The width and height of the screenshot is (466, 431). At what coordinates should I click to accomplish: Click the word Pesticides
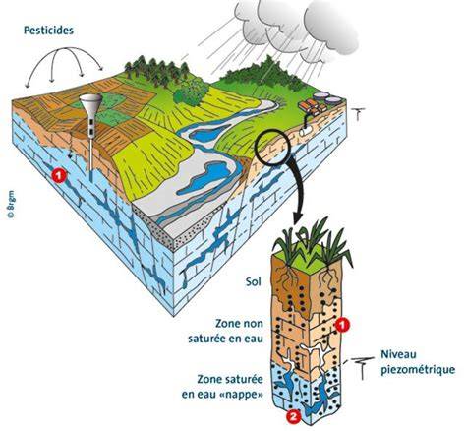[48, 31]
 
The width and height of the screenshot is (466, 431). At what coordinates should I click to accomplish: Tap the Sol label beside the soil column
[254, 281]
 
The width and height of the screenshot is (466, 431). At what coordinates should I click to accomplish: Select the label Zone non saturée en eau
[226, 331]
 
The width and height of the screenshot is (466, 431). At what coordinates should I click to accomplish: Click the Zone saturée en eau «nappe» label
[222, 387]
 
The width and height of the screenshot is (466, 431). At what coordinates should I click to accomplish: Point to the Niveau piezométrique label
[418, 362]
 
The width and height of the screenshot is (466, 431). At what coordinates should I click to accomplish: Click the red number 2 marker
[293, 416]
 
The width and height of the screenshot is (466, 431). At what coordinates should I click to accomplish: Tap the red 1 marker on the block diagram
[59, 175]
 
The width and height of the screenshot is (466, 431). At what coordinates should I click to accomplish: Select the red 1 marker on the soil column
[342, 325]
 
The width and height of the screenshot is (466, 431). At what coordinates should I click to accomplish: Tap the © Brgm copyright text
[11, 204]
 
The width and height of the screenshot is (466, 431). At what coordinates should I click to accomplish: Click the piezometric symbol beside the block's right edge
[359, 115]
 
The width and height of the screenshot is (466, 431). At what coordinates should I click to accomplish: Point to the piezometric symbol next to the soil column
[362, 368]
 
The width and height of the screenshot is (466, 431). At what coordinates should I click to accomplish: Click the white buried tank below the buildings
[306, 131]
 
